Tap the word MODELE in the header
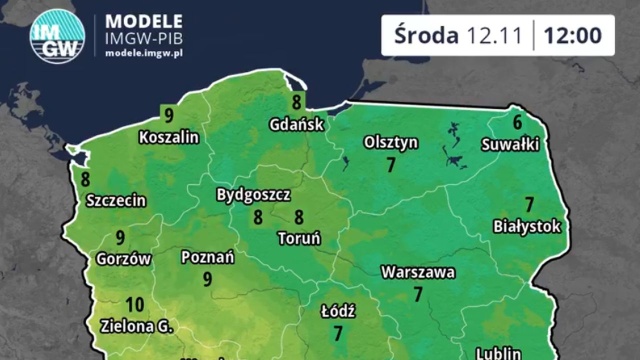[x=144, y=20]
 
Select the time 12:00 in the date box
[x=573, y=35]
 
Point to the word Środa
[x=425, y=35]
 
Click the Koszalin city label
[x=169, y=136]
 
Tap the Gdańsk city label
[x=297, y=125]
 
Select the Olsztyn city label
[x=391, y=142]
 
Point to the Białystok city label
[x=528, y=226]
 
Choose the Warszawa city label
[x=418, y=271]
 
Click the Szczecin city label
[x=116, y=199]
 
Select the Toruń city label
[x=298, y=238]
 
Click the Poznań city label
[x=208, y=257]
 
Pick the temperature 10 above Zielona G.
[x=137, y=305]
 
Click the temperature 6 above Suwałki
[x=517, y=123]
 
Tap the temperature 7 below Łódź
[x=338, y=333]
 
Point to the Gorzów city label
[x=123, y=258]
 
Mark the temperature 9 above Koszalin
[x=169, y=114]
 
